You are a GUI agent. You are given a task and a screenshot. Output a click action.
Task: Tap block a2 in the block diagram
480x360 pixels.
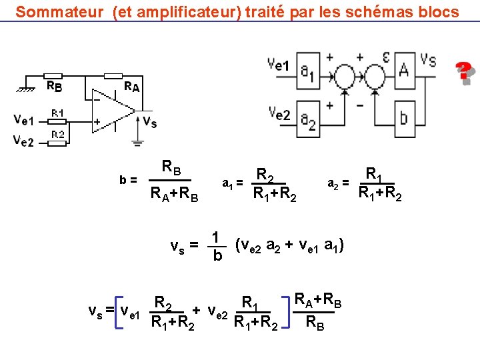[307, 120]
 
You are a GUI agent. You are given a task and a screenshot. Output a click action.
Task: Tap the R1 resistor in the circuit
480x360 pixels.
[58, 121]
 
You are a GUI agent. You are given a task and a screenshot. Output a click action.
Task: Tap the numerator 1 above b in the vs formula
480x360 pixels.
[216, 237]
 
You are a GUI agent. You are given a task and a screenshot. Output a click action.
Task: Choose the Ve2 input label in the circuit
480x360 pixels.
[24, 140]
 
